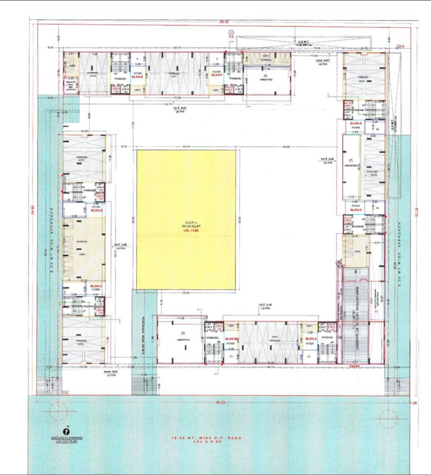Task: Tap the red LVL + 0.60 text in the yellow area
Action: (186, 231)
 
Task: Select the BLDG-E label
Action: (137, 76)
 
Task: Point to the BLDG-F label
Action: (216, 75)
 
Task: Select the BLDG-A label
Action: (310, 339)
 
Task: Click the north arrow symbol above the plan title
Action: (66, 432)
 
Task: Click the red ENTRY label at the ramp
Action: (354, 366)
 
